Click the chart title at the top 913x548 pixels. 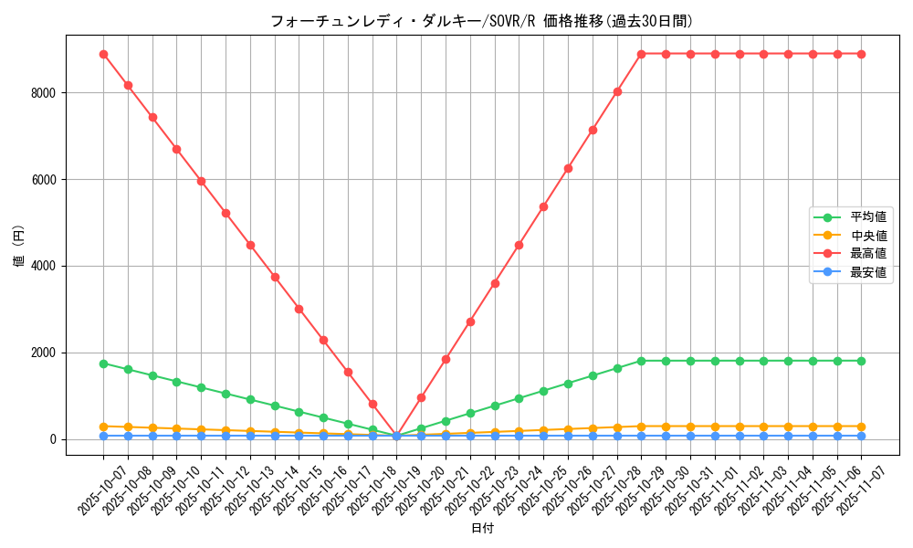coord(476,21)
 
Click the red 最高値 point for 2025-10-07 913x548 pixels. coord(103,54)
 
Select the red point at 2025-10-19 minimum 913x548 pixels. coord(396,436)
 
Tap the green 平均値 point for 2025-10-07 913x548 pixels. coord(103,364)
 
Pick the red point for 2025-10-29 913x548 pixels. coord(641,54)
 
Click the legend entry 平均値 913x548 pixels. coord(867,217)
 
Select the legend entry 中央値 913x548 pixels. coord(867,236)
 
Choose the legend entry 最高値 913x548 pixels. coord(867,254)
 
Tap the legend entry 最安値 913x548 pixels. coord(867,272)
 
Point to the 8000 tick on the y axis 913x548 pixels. coord(44,93)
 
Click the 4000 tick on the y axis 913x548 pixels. coord(44,267)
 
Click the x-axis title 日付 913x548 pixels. coord(482,529)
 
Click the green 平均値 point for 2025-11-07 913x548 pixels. coord(861,361)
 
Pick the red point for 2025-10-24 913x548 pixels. coord(519,245)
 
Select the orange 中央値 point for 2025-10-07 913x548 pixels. coord(103,427)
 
